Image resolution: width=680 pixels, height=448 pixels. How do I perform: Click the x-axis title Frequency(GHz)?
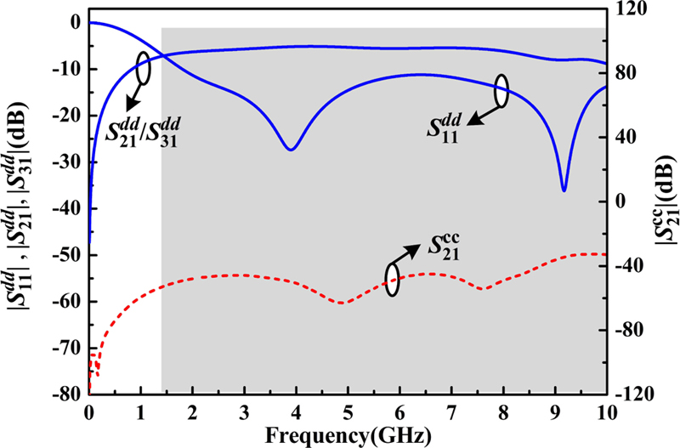pos(346,435)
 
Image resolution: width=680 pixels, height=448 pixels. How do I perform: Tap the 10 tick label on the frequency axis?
pos(605,412)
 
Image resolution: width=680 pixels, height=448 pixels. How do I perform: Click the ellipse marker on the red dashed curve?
pos(392,279)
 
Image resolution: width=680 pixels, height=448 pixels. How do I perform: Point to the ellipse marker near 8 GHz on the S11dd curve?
pos(501,91)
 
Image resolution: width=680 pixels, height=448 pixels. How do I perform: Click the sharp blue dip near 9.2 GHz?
pos(564,190)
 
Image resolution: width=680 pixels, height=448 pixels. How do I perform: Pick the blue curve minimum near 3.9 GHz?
pos(291,150)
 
